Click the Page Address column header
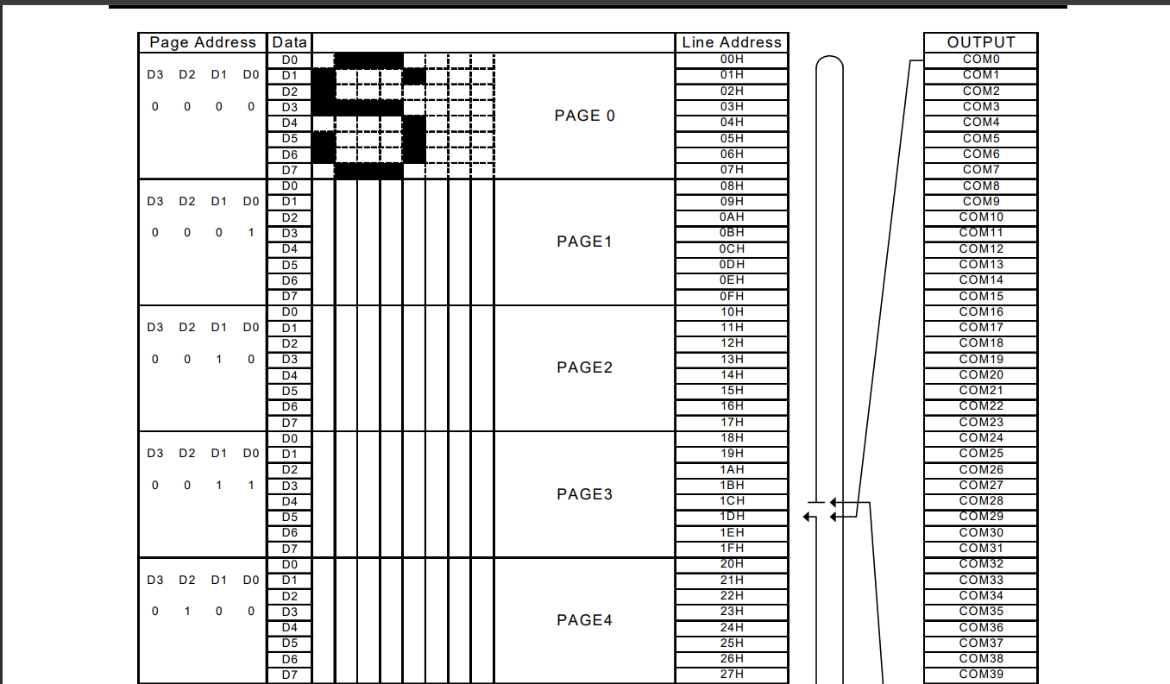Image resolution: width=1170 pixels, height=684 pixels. [203, 42]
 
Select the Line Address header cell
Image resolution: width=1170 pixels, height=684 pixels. [731, 42]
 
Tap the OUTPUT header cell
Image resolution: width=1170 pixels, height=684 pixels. [980, 42]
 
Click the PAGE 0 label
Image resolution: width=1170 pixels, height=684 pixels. [584, 116]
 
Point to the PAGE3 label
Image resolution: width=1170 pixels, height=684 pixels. [584, 494]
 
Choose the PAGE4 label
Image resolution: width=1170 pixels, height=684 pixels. [584, 620]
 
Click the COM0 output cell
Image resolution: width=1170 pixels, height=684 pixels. [980, 60]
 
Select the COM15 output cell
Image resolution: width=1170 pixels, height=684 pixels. [980, 296]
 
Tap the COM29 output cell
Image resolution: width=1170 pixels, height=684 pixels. [980, 516]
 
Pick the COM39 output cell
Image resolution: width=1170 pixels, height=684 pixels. [980, 674]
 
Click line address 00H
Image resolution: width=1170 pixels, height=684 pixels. [731, 60]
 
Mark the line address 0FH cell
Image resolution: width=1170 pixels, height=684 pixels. [731, 296]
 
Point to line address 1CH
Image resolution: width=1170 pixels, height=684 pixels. [731, 500]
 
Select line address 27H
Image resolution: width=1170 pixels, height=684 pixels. [731, 674]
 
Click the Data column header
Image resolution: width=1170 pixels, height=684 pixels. [289, 42]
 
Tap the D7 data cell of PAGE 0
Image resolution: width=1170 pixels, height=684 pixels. [289, 170]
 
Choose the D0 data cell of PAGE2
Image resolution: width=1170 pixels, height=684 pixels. [289, 311]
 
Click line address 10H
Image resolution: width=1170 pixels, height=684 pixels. [731, 311]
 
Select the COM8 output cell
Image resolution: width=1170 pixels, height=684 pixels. [980, 185]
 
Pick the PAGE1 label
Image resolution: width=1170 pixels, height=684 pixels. [584, 242]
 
